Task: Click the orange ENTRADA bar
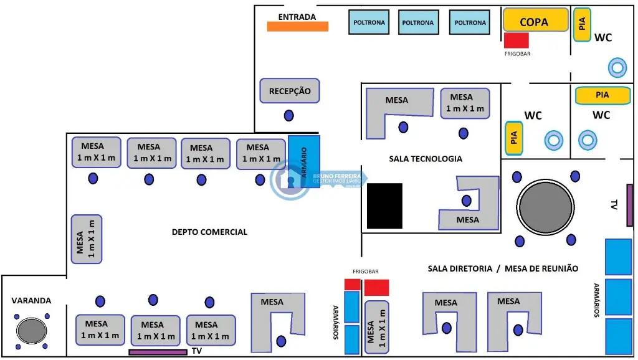coord(297,26)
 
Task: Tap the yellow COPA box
coord(535,20)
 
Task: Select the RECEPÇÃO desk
coord(290,91)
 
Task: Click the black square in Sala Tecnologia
coord(384,206)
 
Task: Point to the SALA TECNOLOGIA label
coord(426,159)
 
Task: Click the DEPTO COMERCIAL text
coord(209,232)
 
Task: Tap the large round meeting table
coord(545,208)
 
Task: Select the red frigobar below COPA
coord(516,40)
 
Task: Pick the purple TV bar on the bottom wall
coord(158,352)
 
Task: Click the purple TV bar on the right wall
coord(630,205)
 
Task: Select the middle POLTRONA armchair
coord(418,22)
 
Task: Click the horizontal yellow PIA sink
coord(602,95)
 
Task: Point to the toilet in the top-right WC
coord(617,67)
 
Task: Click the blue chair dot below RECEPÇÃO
coord(289,115)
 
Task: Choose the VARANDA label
coord(31,300)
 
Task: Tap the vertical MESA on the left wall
coord(87,239)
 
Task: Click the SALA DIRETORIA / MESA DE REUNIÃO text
coord(503,268)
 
